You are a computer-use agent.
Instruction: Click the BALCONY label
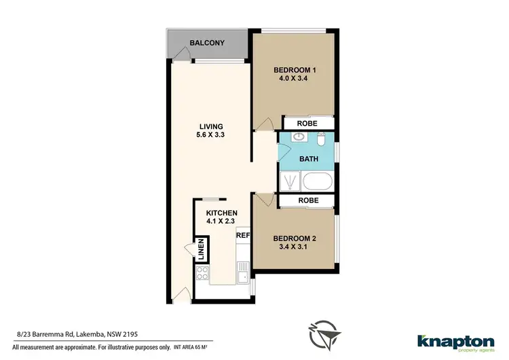[x=207, y=43]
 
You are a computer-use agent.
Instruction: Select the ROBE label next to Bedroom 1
[x=308, y=124]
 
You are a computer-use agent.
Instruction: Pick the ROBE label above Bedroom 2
[x=308, y=201]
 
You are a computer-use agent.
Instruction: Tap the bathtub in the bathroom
[x=318, y=181]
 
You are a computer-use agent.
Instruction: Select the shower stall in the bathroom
[x=290, y=181]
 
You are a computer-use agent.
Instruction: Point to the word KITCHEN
[x=221, y=213]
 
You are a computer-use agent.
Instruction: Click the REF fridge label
[x=243, y=235]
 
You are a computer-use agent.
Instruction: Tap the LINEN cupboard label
[x=201, y=250]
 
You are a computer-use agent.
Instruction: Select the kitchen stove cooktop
[x=202, y=273]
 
